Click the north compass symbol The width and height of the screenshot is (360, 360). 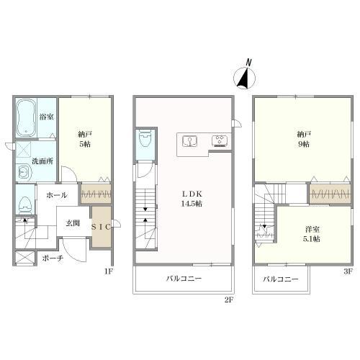click(245, 76)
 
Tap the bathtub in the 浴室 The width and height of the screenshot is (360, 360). click(27, 117)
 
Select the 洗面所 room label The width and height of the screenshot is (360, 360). click(42, 161)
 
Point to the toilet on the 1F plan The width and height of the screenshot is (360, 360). click(25, 205)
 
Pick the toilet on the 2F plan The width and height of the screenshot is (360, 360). click(145, 140)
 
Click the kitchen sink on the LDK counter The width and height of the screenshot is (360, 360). click(190, 141)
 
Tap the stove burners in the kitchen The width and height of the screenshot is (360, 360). click(220, 141)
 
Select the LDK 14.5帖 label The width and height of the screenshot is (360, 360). click(192, 199)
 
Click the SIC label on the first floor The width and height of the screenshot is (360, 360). click(101, 227)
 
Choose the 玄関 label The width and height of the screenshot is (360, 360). click(73, 223)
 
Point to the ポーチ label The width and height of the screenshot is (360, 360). click(53, 258)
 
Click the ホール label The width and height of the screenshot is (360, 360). click(57, 195)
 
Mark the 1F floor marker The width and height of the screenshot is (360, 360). click(109, 271)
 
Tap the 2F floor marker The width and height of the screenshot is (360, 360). click(229, 300)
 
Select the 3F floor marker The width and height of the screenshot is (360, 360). click(348, 271)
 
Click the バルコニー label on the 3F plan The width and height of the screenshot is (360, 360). click(281, 279)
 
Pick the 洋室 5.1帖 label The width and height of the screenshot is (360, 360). click(312, 234)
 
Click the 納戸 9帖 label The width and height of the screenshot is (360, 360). click(304, 139)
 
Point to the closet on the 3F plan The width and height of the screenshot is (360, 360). click(330, 194)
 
